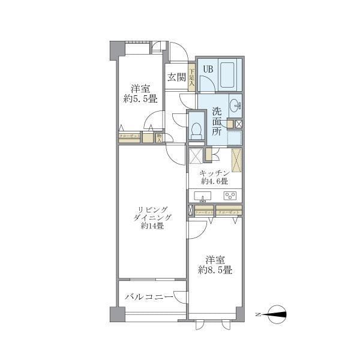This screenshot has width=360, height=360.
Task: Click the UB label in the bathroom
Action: pyautogui.click(x=207, y=69)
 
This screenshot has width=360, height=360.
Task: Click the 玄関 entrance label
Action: pyautogui.click(x=176, y=77)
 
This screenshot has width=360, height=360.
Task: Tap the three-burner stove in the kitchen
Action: pyautogui.click(x=230, y=196)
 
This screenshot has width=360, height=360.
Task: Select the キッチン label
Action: pyautogui.click(x=214, y=172)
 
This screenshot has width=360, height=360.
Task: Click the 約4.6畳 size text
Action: pyautogui.click(x=214, y=181)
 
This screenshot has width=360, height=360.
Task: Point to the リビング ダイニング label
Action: pyautogui.click(x=152, y=213)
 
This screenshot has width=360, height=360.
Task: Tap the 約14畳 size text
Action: pyautogui.click(x=152, y=226)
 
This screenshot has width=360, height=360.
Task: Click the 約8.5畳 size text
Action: pyautogui.click(x=215, y=270)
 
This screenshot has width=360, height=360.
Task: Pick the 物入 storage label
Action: pyautogui.click(x=159, y=137)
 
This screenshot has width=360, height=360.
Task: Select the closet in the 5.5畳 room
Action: pyautogui.click(x=130, y=137)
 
